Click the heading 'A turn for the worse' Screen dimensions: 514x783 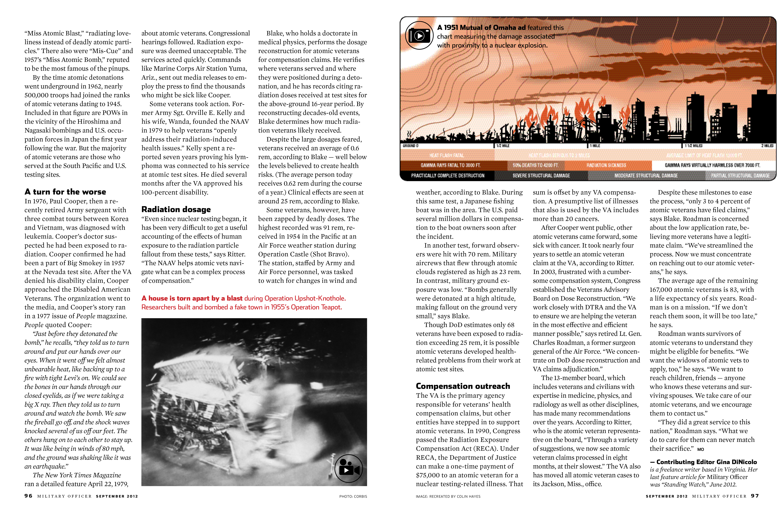(65, 192)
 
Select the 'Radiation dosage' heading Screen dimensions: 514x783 (176, 210)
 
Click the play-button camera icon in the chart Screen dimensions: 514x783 (419, 36)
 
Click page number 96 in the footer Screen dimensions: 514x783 (28, 496)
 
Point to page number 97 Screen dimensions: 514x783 (755, 496)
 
